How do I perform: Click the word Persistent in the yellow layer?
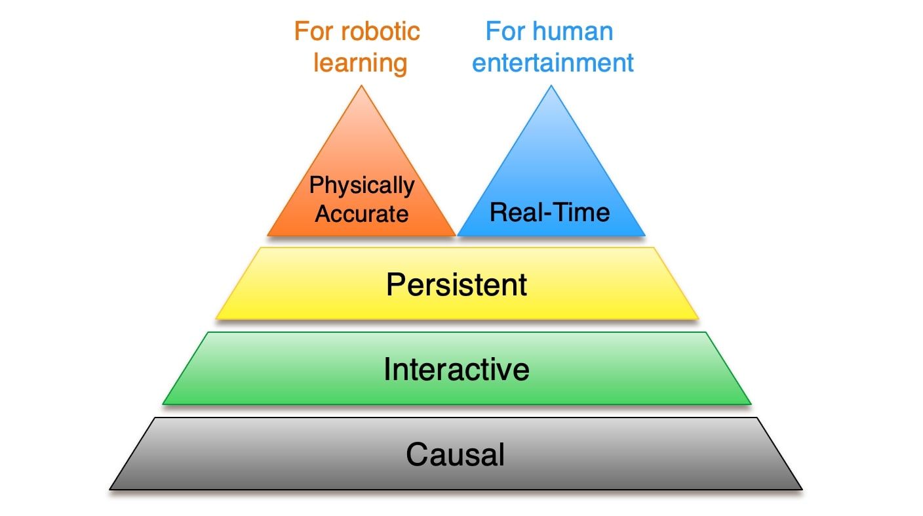(456, 284)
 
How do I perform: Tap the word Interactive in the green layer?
(456, 369)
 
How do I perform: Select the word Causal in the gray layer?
(456, 454)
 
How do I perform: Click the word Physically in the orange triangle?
(362, 186)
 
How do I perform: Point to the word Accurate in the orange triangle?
(362, 214)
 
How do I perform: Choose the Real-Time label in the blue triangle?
(550, 212)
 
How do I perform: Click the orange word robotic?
(380, 32)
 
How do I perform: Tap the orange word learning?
(361, 64)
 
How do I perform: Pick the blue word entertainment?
(553, 63)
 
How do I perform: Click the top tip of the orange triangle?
(361, 85)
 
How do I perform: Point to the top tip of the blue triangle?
(551, 85)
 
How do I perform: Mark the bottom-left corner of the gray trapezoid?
(109, 490)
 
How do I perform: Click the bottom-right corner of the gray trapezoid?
(802, 490)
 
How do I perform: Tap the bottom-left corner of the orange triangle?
(267, 236)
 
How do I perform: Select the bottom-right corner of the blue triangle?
(645, 236)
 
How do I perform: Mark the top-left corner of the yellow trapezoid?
(260, 247)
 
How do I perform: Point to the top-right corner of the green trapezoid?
(706, 332)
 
